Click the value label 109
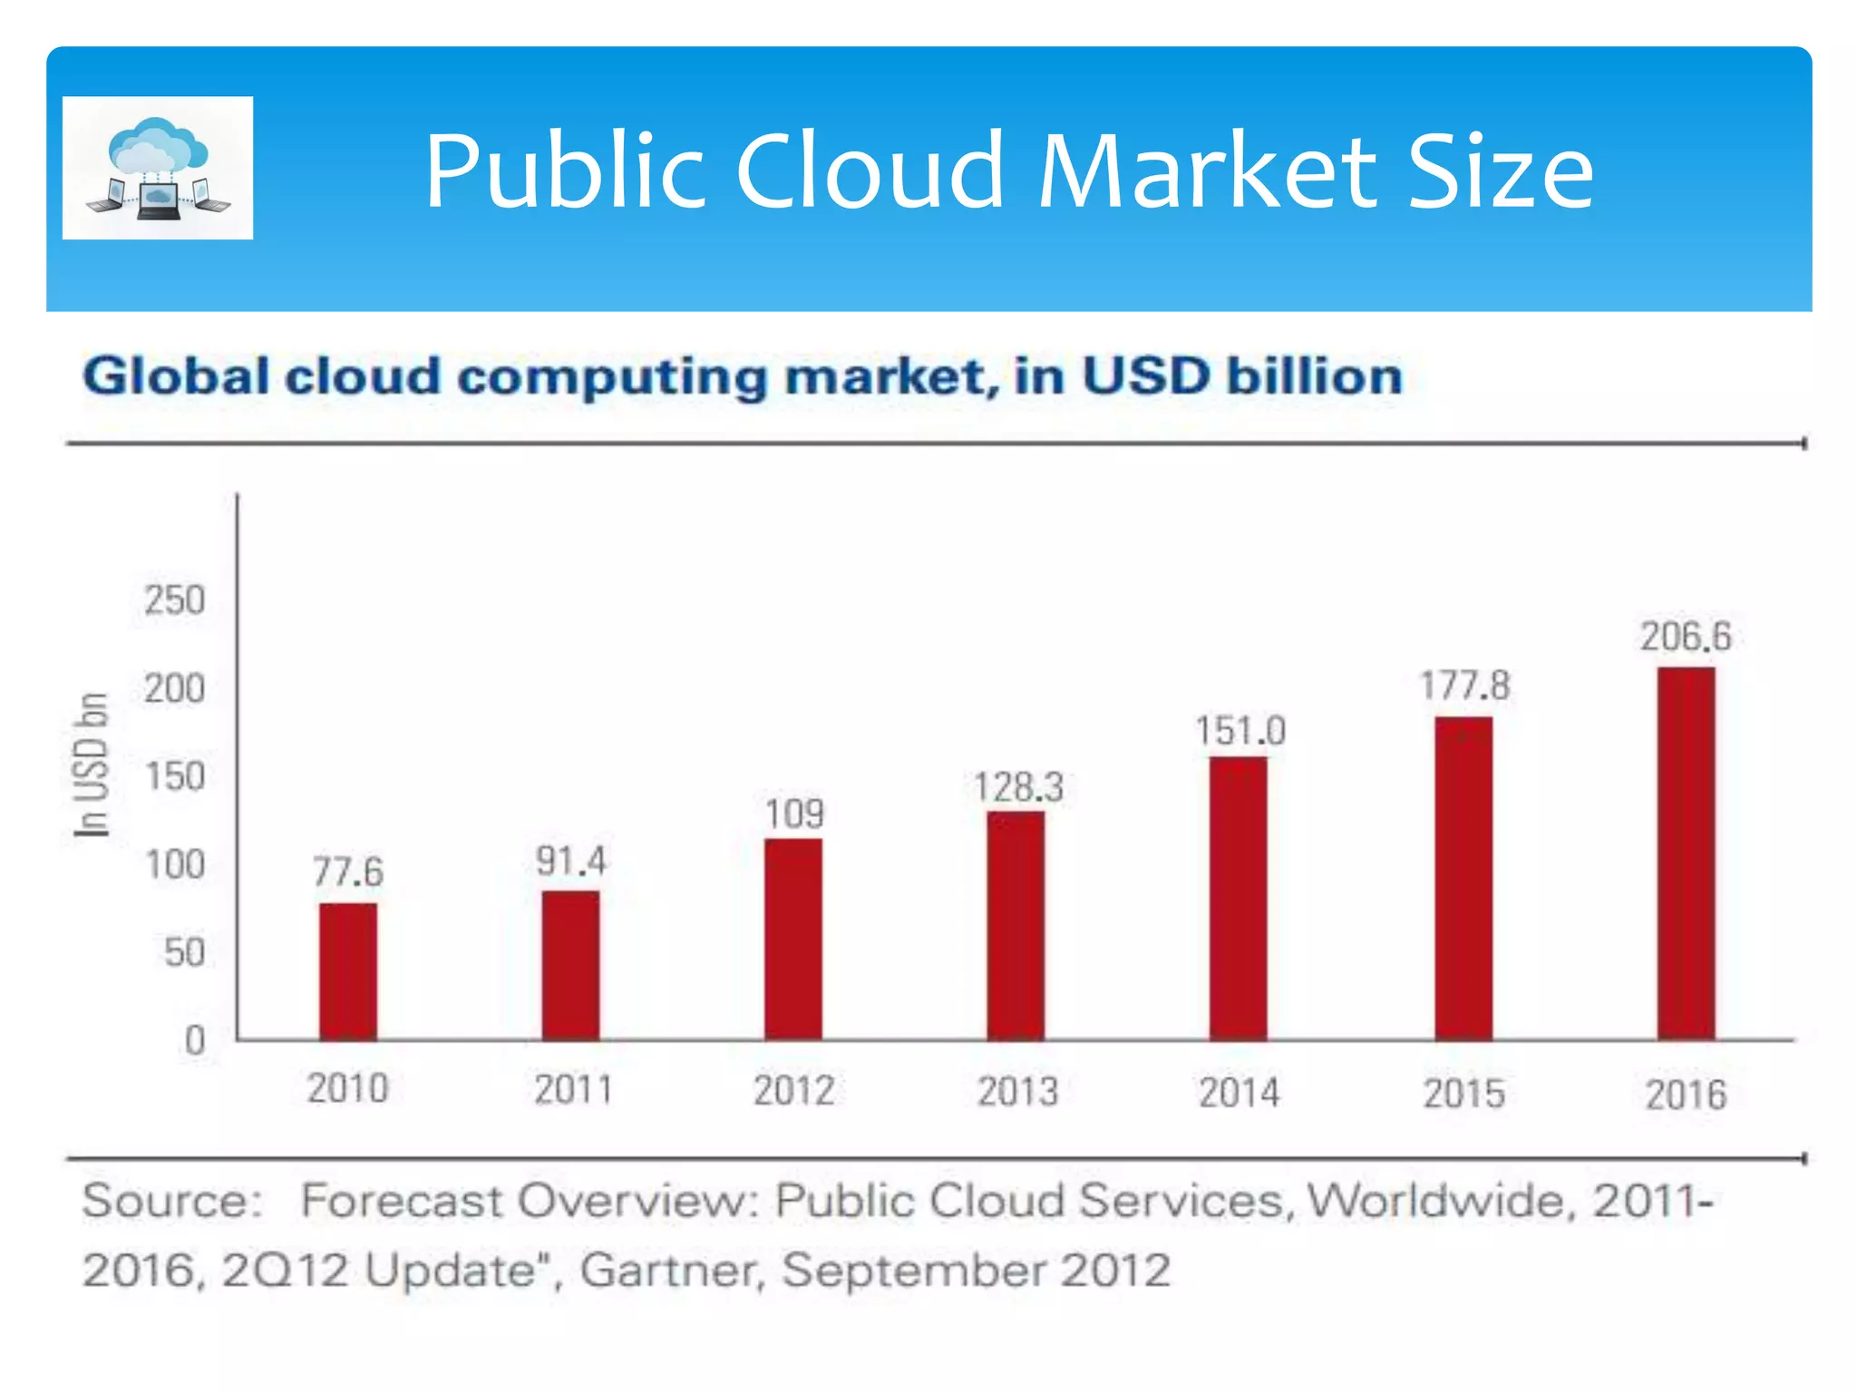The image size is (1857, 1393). pos(794,813)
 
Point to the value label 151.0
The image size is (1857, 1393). pos(1240,731)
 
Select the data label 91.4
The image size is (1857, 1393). pos(570,861)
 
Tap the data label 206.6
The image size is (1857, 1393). pos(1686,636)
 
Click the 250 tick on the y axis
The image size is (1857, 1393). pos(174,600)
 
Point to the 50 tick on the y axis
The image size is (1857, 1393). pos(184,952)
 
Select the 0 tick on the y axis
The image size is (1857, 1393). pos(194,1040)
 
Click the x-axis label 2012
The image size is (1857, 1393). pos(793,1090)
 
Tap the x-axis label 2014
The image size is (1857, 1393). pos(1239,1092)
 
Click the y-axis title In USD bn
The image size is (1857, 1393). pos(91,765)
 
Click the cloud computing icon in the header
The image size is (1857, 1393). pos(158,168)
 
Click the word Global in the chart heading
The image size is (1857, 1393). pos(176,375)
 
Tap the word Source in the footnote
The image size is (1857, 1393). pos(163,1201)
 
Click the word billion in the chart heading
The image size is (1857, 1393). pos(1314,375)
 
